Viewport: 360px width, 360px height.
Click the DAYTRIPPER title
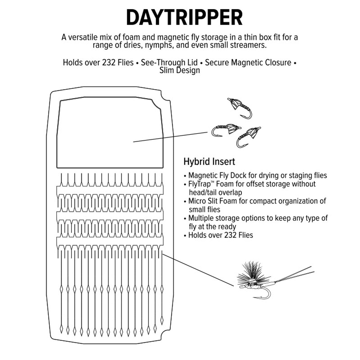[x=184, y=17]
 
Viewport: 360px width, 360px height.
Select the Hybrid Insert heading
[x=209, y=162]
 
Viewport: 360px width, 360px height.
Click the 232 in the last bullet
[x=227, y=235]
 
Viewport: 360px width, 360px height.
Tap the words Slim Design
[x=180, y=70]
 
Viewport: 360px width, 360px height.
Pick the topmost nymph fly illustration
[x=240, y=108]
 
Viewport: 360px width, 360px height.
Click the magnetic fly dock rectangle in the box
[x=110, y=132]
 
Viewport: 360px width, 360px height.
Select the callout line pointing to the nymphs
[x=170, y=137]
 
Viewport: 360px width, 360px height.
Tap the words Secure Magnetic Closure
[x=248, y=62]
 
